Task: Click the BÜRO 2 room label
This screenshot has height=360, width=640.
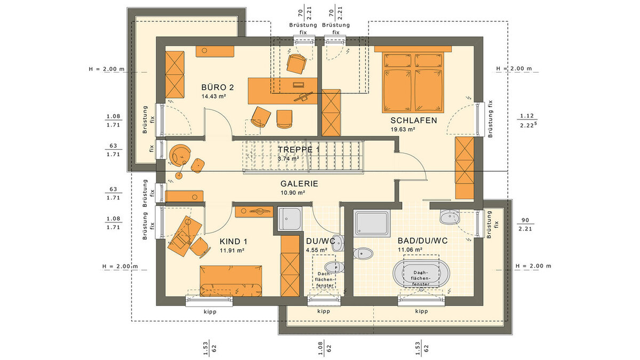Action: pos(218,87)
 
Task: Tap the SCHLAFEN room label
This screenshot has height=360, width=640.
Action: pos(414,121)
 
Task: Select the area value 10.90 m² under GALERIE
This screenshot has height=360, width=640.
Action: pos(293,193)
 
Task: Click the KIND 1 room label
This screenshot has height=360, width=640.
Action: pos(234,242)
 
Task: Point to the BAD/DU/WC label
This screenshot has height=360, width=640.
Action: pos(422,241)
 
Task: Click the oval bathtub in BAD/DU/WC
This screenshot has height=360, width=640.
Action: pos(421,274)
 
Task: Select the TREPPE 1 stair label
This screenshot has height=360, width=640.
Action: pos(299,150)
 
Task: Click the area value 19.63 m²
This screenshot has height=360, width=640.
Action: pos(403,130)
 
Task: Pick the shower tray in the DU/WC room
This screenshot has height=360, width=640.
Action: pos(290,219)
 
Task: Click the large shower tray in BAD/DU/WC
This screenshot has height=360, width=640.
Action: pos(372,223)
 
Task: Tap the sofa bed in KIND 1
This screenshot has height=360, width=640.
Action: pos(231,281)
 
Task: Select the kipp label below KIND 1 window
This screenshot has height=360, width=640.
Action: pos(210,311)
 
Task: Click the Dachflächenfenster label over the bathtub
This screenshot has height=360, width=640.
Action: pos(421,278)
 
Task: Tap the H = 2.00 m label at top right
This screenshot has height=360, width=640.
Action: pos(514,69)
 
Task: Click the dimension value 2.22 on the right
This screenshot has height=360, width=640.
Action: pos(526,125)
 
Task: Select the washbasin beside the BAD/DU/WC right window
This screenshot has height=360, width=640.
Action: pos(449,218)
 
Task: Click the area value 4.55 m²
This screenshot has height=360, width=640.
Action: pos(317,250)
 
